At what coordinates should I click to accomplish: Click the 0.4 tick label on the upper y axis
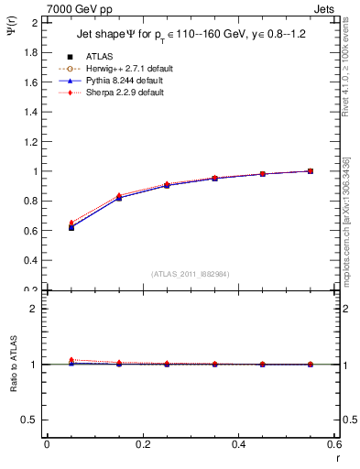pos(32,260)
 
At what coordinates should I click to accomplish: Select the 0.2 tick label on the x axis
pos(143,444)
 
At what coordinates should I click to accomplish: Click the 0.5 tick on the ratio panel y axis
pos(32,420)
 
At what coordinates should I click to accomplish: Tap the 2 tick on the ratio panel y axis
pos(35,309)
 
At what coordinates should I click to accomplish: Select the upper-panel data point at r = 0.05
pos(71,227)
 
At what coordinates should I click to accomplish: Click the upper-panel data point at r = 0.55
pos(311,170)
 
